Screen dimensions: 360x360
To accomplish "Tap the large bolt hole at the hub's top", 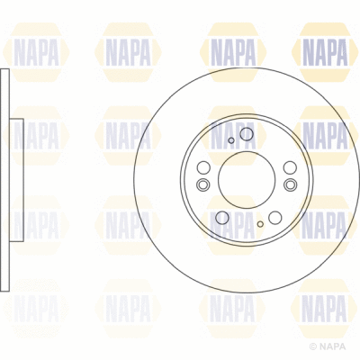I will point(247,134).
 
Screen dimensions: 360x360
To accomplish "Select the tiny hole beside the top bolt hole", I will point(231,140).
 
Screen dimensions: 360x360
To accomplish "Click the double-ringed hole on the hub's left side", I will point(202,185).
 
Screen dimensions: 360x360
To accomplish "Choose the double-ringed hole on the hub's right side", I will point(290,185).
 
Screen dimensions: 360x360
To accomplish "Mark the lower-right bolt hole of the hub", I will point(274,217).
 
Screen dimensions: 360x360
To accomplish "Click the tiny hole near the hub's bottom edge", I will point(260,223).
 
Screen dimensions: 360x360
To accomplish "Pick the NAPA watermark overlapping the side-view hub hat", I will point(36,135).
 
